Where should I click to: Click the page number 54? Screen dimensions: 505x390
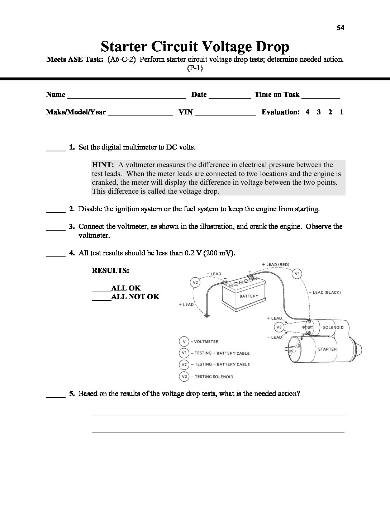[340, 28]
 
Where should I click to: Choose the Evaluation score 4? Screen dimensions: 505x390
[308, 112]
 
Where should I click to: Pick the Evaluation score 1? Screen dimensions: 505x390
[342, 112]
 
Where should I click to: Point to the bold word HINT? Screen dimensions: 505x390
[103, 165]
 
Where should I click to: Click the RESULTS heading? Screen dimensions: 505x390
[110, 271]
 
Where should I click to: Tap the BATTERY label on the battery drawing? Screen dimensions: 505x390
[249, 296]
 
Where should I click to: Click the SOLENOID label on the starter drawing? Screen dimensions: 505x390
[333, 327]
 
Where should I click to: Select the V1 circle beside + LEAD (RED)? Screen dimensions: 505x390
[297, 274]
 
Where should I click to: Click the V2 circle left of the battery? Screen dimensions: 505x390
[195, 283]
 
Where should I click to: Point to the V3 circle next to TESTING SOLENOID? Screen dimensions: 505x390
[184, 376]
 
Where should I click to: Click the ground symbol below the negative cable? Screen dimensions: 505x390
[206, 316]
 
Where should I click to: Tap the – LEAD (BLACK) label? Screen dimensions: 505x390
[324, 292]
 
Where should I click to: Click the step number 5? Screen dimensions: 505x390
[72, 394]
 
